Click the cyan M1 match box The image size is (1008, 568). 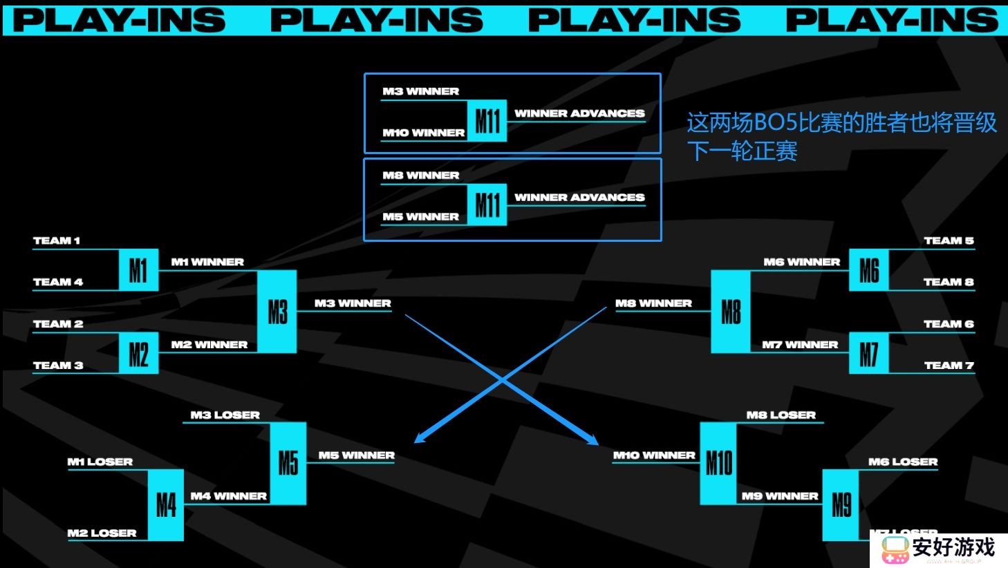click(x=138, y=270)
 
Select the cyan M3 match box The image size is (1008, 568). click(x=277, y=312)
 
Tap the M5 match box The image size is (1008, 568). click(x=288, y=463)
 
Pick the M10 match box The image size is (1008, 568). click(x=718, y=463)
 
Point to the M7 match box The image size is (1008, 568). click(x=868, y=354)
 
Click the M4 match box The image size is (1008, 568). click(x=166, y=505)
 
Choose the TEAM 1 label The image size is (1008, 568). click(x=57, y=240)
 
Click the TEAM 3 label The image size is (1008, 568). click(x=58, y=365)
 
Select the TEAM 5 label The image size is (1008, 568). click(x=949, y=240)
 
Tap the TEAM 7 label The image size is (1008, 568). click(x=949, y=365)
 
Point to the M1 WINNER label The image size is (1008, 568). click(x=207, y=262)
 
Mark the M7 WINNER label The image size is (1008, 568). click(x=800, y=344)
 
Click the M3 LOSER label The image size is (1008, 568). click(x=225, y=415)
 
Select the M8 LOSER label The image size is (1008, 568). click(x=781, y=415)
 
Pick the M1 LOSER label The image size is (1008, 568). click(x=100, y=462)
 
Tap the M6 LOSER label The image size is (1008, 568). click(x=903, y=462)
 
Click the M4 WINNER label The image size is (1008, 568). click(x=229, y=495)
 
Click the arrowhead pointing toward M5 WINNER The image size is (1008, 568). click(x=418, y=439)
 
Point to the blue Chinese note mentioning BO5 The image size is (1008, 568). click(x=841, y=136)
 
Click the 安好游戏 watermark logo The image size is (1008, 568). click(x=937, y=549)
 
